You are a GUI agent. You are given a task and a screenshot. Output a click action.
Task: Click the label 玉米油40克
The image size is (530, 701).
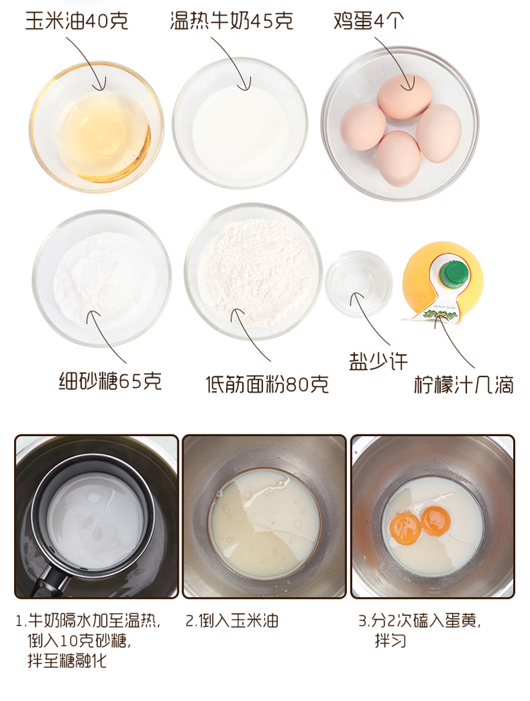[x=76, y=20]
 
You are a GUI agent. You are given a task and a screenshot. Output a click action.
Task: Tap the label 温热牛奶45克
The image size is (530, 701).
[x=231, y=20]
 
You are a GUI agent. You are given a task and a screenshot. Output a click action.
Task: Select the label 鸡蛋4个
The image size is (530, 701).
[x=369, y=20]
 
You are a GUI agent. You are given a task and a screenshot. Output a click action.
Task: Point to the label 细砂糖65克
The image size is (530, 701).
[x=110, y=382]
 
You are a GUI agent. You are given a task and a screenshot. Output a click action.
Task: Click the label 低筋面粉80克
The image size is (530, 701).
[x=267, y=384]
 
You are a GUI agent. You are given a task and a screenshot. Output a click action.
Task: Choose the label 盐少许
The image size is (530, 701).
[x=378, y=361]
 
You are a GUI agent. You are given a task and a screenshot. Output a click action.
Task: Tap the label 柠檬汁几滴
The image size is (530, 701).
[x=464, y=384]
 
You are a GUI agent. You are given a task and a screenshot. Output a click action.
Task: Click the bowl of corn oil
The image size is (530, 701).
[x=97, y=126]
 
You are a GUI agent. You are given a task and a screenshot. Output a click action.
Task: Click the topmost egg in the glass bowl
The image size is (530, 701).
[x=404, y=96]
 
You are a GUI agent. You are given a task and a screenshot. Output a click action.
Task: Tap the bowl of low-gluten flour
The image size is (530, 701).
[x=253, y=271]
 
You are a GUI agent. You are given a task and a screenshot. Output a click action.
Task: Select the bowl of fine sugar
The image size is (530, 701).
[x=102, y=278]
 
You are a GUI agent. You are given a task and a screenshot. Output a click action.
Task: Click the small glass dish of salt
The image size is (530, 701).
[x=359, y=284]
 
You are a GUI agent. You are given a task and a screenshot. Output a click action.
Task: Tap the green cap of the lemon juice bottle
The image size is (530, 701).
[x=454, y=273]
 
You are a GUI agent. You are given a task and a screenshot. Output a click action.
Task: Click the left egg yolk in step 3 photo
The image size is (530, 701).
[x=405, y=528]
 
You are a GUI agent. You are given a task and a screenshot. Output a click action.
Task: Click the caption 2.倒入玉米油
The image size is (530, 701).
[x=232, y=620]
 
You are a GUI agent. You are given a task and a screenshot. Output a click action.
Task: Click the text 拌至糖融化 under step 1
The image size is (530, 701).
[x=67, y=660]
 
